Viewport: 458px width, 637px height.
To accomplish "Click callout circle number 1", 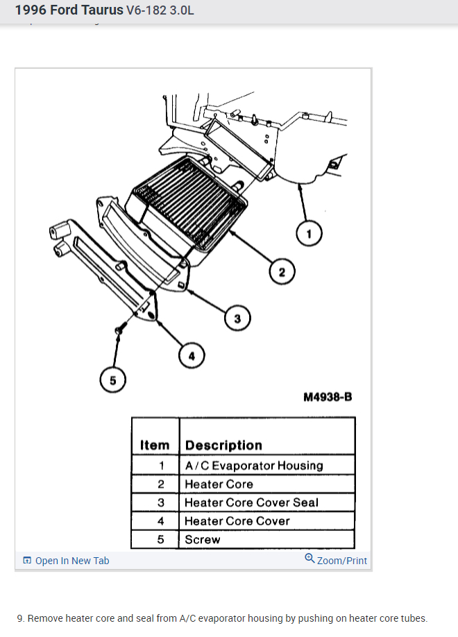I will (x=309, y=234).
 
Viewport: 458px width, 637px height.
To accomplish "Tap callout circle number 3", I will (x=237, y=318).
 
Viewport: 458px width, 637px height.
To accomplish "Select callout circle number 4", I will (x=192, y=356).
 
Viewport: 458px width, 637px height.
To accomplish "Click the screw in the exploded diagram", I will (x=119, y=332).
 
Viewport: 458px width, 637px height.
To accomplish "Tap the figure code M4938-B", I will (x=328, y=397).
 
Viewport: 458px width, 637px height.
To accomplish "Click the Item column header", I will (x=155, y=445).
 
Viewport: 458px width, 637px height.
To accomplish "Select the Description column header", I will (x=223, y=445).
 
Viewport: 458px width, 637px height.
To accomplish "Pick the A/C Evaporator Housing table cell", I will (x=253, y=465).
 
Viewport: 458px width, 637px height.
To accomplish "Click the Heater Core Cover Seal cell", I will (x=251, y=502).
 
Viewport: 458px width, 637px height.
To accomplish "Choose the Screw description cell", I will (x=203, y=539).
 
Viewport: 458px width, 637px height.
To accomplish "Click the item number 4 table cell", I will (x=161, y=521).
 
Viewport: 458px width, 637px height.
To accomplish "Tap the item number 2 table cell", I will (x=161, y=484).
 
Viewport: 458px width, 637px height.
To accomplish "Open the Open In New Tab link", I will (x=71, y=561).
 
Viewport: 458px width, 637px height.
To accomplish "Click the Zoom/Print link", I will (x=341, y=561).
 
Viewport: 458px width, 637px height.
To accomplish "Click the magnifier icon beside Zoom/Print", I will (x=309, y=559).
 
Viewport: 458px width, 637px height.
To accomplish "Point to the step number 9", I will (x=21, y=618).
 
